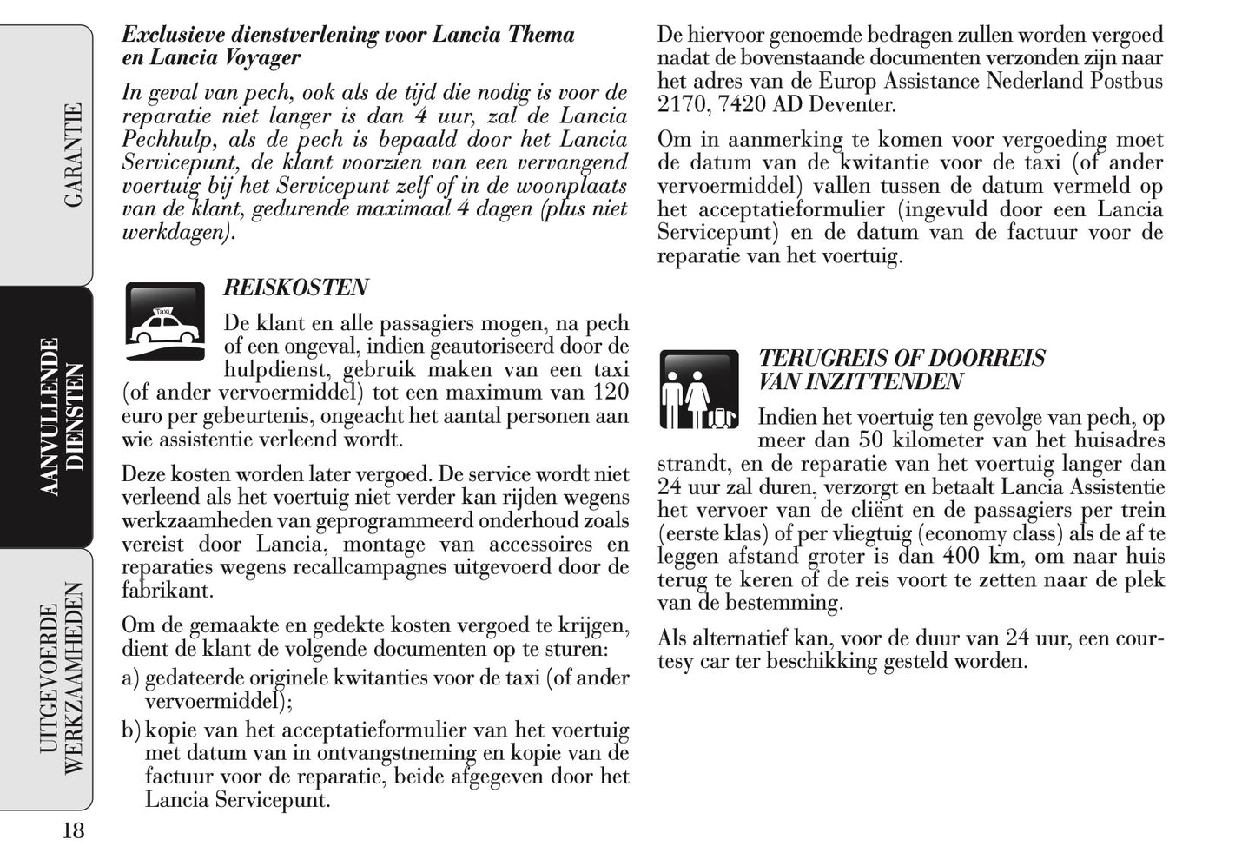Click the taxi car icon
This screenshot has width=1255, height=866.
(165, 321)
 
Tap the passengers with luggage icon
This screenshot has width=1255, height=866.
(698, 390)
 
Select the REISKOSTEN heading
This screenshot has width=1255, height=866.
(296, 288)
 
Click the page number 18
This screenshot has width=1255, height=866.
(73, 831)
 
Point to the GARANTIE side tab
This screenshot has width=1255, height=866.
(74, 155)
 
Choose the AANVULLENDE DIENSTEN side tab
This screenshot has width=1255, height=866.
(63, 417)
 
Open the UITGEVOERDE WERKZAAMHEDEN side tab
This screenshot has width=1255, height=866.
(63, 678)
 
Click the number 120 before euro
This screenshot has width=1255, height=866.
(610, 393)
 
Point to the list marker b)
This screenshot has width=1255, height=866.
(130, 731)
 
